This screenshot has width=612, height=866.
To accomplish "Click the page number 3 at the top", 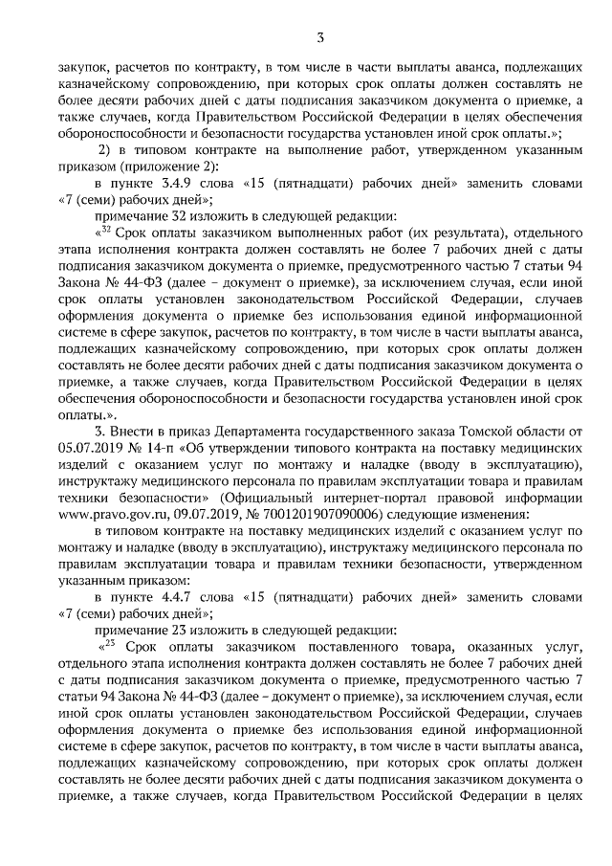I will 320,37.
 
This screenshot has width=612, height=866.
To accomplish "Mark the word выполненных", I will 319,232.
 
